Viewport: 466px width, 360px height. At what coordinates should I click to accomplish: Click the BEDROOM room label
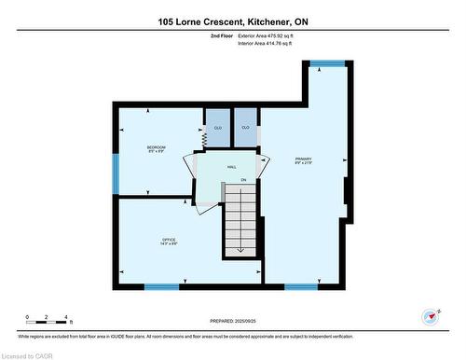click(157, 148)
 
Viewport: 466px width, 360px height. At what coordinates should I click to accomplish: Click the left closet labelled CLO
click(217, 128)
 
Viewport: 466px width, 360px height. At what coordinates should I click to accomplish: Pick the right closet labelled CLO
click(245, 128)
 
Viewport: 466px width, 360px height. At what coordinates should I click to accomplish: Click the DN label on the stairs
click(242, 179)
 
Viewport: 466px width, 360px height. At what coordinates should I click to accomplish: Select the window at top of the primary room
click(326, 63)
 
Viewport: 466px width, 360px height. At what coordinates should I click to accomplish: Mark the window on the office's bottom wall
click(161, 286)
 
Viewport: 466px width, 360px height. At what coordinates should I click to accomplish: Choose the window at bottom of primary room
click(301, 286)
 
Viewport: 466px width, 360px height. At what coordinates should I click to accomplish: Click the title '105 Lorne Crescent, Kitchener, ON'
click(232, 21)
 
